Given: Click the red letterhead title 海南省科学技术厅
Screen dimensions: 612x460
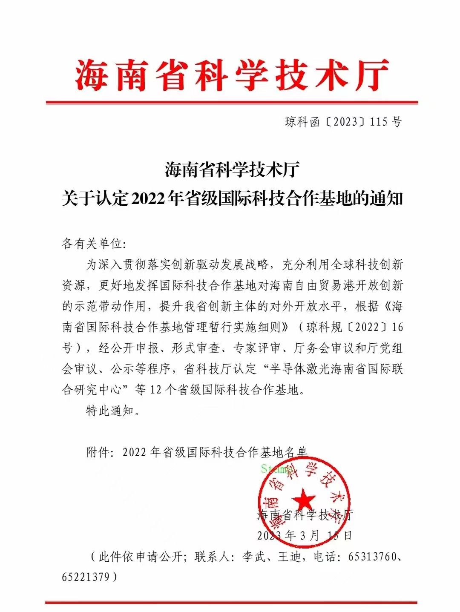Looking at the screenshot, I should click(x=232, y=75).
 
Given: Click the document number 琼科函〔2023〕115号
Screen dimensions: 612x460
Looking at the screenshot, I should click(x=343, y=122).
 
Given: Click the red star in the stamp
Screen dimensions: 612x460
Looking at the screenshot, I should click(x=304, y=499).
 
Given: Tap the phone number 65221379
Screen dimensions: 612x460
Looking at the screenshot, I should click(x=85, y=577).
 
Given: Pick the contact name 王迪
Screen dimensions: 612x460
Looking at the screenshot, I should click(x=289, y=557).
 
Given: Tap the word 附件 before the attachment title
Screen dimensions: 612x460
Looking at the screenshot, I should click(x=98, y=452).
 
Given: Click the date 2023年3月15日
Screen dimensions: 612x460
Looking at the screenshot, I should click(x=305, y=535).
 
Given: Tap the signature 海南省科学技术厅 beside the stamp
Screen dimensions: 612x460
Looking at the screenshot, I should click(x=305, y=515).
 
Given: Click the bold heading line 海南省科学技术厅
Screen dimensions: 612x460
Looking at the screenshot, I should click(x=232, y=171).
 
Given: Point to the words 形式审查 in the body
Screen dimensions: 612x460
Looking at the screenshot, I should click(x=195, y=348).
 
